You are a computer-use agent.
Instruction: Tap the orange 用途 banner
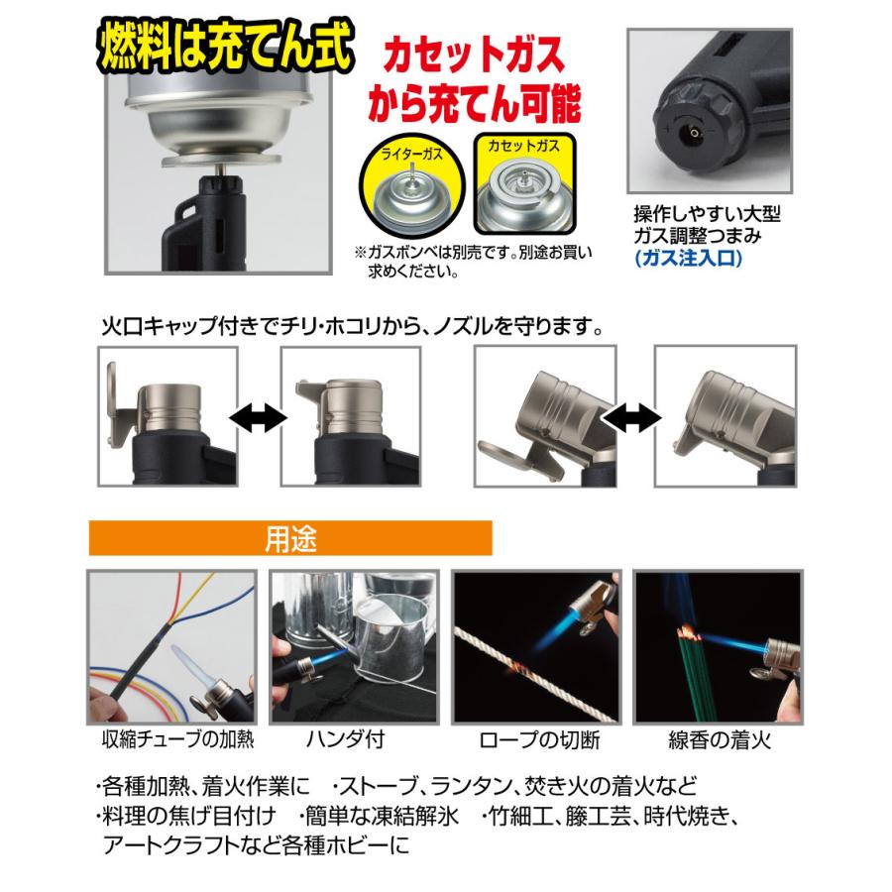tap(290, 541)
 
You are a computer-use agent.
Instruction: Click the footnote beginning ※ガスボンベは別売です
tap(466, 261)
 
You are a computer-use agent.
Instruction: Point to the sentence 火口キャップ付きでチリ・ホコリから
tap(352, 324)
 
